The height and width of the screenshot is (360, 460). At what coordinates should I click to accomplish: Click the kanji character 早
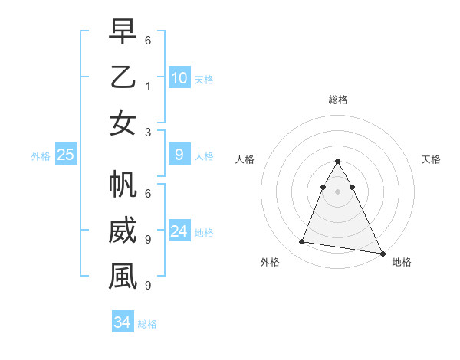tap(123, 33)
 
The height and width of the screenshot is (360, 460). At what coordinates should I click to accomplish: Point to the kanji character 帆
tap(123, 186)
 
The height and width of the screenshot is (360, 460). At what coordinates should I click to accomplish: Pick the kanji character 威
tap(123, 231)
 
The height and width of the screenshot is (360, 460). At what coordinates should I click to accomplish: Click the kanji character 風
tap(123, 277)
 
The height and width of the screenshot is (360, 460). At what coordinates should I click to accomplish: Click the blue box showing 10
tap(179, 78)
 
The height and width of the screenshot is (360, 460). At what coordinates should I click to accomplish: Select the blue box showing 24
tap(179, 231)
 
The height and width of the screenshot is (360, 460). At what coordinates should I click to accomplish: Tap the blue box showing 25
tap(65, 155)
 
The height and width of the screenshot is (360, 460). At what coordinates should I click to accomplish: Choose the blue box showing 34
tap(122, 322)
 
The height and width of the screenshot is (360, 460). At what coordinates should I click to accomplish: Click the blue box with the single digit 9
tap(179, 155)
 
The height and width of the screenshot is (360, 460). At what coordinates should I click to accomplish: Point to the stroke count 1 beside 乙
tap(148, 87)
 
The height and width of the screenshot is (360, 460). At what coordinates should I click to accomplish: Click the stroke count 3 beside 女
tap(148, 132)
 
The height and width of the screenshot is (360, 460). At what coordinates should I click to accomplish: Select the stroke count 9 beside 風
tap(148, 286)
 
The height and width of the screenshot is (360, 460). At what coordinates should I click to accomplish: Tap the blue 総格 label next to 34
tap(147, 324)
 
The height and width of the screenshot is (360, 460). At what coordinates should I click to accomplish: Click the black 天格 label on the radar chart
tap(431, 159)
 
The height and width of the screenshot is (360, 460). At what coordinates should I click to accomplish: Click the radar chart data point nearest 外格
tap(302, 242)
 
